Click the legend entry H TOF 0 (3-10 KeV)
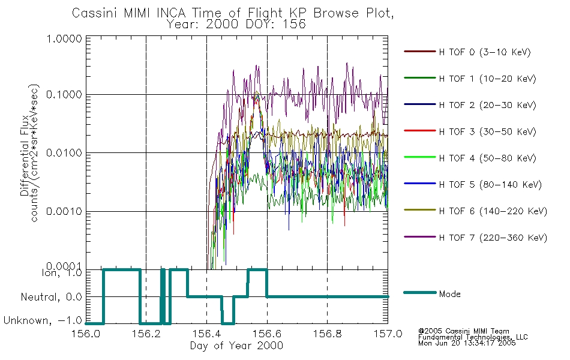point(485,52)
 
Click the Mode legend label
point(450,295)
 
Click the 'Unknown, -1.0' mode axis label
point(42,321)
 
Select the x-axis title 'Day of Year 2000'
point(236,346)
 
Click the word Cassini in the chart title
point(92,13)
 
